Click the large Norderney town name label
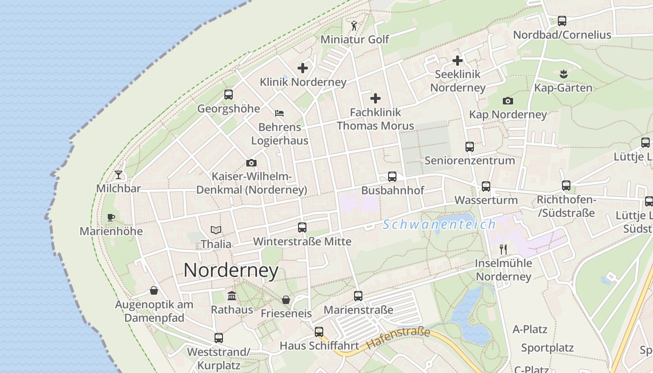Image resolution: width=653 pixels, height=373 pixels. point(231,270)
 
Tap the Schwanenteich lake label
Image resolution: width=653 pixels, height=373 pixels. point(439,225)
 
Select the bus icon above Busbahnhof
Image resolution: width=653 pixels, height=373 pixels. point(392,177)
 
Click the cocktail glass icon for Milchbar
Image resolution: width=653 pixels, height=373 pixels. point(118,175)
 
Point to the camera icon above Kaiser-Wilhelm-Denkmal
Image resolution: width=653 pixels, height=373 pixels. point(251,163)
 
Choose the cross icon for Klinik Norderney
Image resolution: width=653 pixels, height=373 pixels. point(303,68)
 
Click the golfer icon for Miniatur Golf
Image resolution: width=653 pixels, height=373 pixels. point(354,25)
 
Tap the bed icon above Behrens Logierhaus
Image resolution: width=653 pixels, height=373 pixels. point(279,113)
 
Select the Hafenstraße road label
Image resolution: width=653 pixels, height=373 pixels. point(398,339)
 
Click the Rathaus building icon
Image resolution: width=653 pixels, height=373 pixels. point(232,296)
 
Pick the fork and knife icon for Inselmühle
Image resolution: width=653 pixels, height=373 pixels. point(503,249)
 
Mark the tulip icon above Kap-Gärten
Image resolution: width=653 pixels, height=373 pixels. point(563,74)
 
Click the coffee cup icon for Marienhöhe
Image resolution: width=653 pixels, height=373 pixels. point(111,217)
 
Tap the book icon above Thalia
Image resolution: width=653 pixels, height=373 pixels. point(215,230)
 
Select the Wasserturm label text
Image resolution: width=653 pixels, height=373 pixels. point(486,200)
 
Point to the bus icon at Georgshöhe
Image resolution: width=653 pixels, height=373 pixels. point(229,95)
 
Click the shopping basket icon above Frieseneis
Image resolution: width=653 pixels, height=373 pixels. point(286,300)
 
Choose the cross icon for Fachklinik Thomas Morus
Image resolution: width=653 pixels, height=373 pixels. point(375,98)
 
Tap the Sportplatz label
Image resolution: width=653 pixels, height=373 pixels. point(547,348)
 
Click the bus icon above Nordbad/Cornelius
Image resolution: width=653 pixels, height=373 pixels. point(562,21)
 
